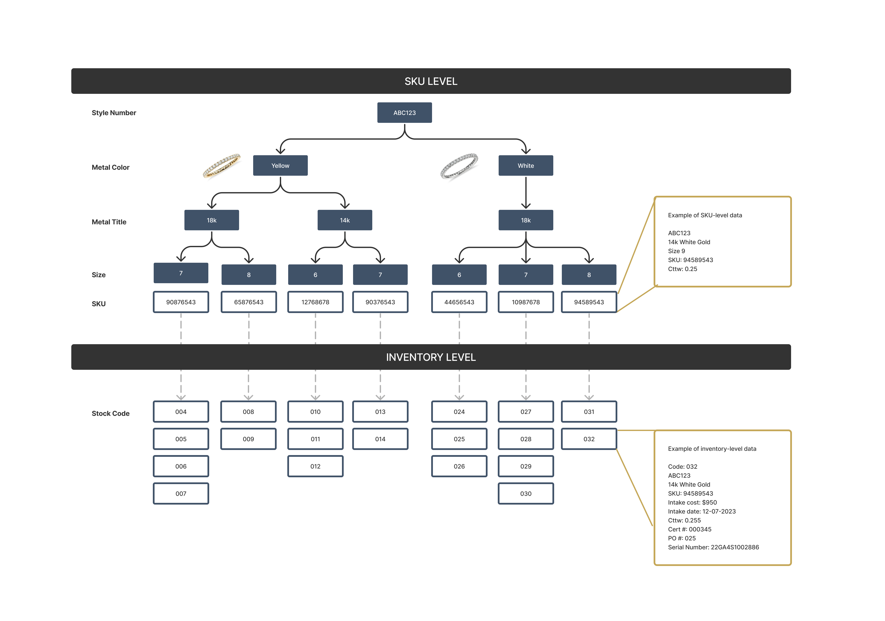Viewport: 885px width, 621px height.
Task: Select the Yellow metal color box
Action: [x=280, y=165]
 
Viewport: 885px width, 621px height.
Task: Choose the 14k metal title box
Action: [x=345, y=220]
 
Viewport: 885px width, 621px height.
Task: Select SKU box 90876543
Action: [x=181, y=302]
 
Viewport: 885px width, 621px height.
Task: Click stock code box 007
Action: [x=181, y=493]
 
